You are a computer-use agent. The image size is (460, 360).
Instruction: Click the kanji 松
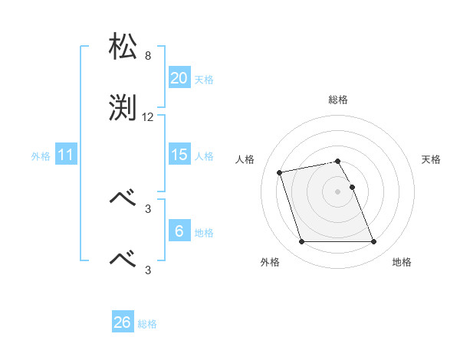[123, 47]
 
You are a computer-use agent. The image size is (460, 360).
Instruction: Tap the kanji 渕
[123, 108]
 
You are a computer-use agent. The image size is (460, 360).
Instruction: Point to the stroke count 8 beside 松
[148, 56]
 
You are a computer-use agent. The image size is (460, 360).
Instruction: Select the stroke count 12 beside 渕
[148, 117]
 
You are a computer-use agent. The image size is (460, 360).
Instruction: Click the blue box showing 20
[179, 78]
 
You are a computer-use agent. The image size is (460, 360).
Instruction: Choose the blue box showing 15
[179, 155]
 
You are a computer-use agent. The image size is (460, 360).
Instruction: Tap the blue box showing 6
[179, 231]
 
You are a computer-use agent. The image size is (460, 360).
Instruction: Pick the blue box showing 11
[66, 155]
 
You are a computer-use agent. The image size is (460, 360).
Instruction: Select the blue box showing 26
[123, 322]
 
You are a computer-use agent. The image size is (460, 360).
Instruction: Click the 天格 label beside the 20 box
[203, 79]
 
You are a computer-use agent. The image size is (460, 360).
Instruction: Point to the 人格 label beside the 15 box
[203, 155]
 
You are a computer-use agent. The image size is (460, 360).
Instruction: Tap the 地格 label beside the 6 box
[203, 232]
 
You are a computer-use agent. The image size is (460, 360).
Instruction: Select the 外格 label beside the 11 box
[41, 155]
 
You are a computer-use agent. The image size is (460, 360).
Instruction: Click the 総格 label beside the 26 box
[147, 323]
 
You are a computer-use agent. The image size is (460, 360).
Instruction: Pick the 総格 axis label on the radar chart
[338, 100]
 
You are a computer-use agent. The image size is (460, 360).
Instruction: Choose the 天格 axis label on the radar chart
[431, 159]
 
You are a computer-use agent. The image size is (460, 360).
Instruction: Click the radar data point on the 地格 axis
[373, 242]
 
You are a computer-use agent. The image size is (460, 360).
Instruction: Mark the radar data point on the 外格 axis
[301, 242]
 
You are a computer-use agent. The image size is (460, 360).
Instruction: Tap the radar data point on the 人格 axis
[280, 172]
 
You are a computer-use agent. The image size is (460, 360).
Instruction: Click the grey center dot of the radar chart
[338, 191]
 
